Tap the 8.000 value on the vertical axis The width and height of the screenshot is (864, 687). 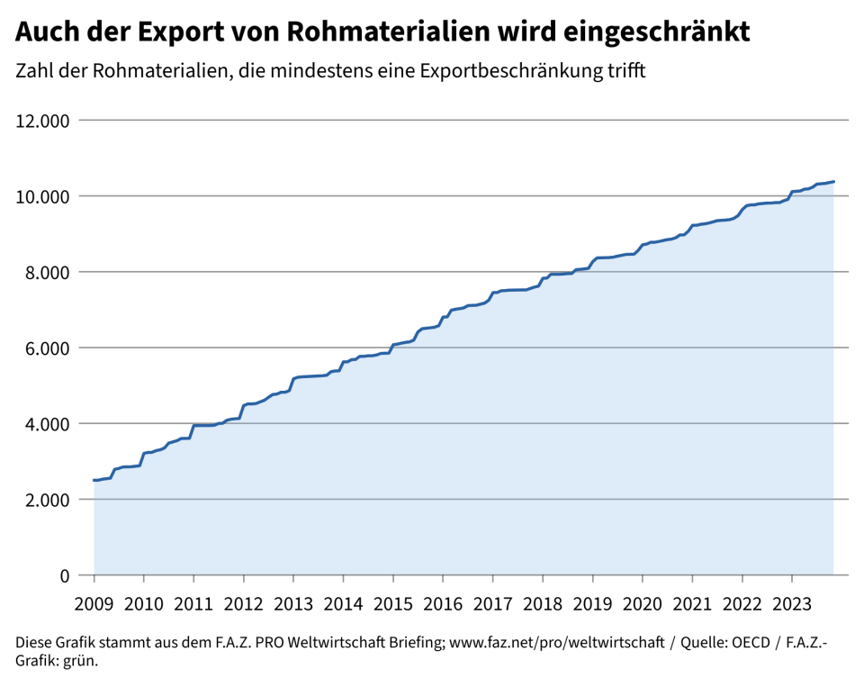[48, 272]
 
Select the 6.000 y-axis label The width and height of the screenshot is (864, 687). [48, 348]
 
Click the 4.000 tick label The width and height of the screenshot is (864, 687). [48, 423]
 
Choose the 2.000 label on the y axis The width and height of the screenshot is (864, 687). [48, 499]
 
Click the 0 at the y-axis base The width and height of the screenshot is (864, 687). [65, 574]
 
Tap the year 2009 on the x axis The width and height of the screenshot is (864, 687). [94, 601]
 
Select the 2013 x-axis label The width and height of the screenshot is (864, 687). [293, 601]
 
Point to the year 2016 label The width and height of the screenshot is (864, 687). [443, 601]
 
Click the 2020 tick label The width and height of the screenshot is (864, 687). [642, 601]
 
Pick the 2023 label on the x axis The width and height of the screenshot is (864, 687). [791, 601]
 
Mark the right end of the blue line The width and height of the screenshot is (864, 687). [833, 182]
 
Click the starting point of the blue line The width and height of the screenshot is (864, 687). [94, 480]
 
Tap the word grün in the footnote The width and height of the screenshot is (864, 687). [78, 662]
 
